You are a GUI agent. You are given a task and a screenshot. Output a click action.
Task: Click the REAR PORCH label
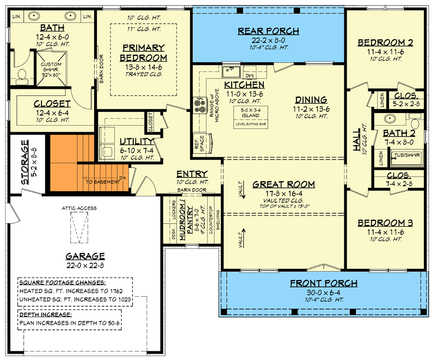point(269,31)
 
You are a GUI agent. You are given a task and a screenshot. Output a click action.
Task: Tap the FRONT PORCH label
point(324,283)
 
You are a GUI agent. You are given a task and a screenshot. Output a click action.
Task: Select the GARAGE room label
point(86,256)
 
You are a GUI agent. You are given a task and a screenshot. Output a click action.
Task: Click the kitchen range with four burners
point(198,105)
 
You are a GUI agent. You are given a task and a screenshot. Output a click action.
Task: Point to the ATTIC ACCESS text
point(79,208)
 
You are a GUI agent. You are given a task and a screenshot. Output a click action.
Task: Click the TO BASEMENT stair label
point(103,182)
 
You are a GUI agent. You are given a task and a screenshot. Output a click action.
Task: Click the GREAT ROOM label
point(284,184)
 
